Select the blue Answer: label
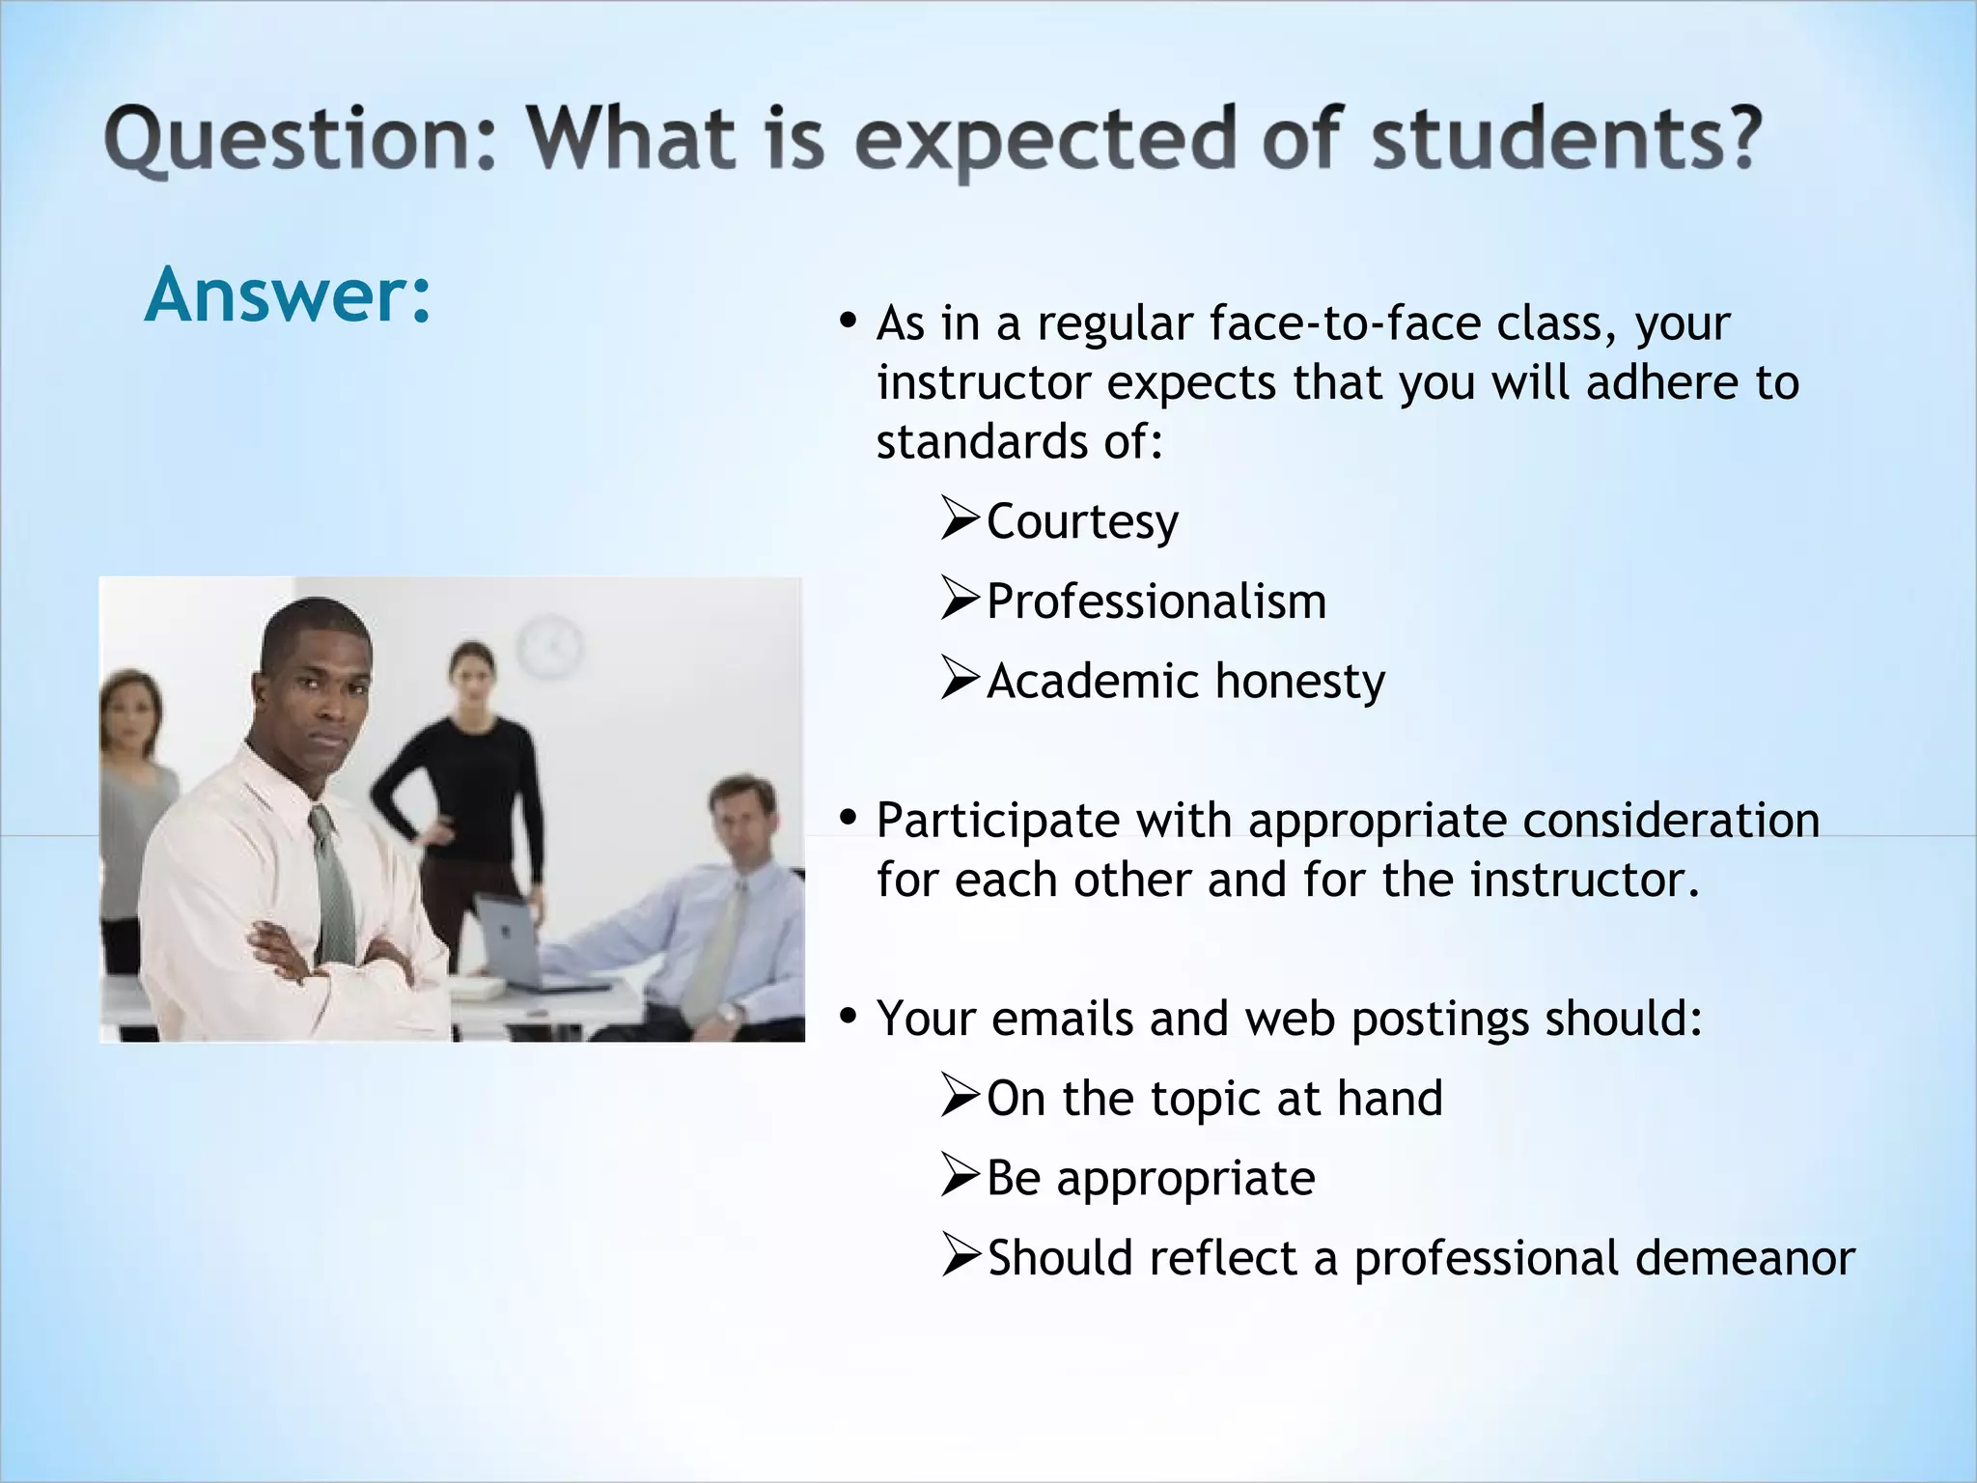[x=288, y=294]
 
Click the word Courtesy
[x=1082, y=522]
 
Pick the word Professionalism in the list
[x=1156, y=602]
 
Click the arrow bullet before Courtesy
[x=960, y=519]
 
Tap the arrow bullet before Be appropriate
[x=960, y=1177]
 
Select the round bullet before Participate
[x=849, y=819]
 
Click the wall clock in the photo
[x=549, y=646]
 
